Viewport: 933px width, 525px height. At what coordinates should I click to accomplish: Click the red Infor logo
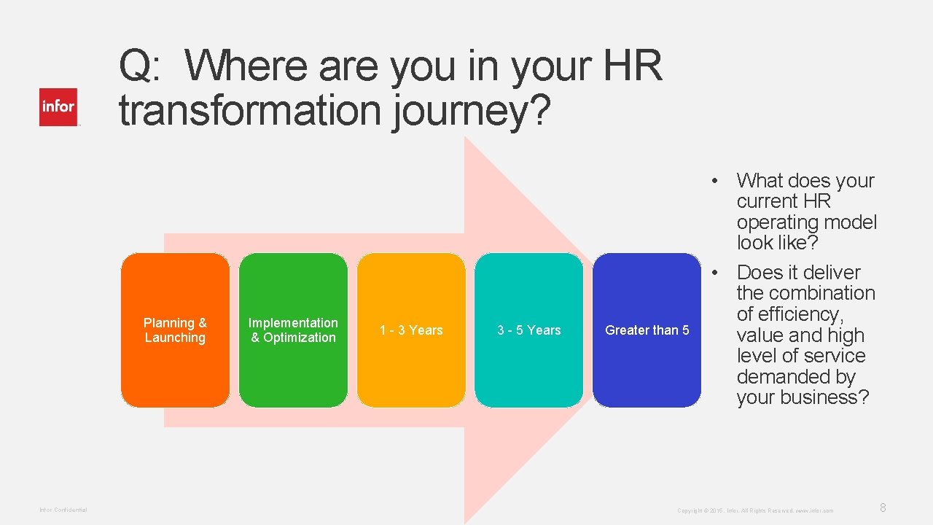pyautogui.click(x=58, y=107)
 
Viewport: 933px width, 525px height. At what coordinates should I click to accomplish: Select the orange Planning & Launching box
pyautogui.click(x=175, y=330)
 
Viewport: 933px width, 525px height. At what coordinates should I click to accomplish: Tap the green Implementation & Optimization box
pyautogui.click(x=293, y=330)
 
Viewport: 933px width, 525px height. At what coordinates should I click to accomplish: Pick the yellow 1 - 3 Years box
pyautogui.click(x=411, y=330)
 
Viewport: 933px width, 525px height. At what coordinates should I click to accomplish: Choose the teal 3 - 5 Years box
pyautogui.click(x=529, y=330)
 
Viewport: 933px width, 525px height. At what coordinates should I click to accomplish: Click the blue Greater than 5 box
pyautogui.click(x=647, y=330)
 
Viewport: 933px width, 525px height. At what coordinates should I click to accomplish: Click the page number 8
pyautogui.click(x=883, y=507)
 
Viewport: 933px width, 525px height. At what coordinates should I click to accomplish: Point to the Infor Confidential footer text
pyautogui.click(x=63, y=510)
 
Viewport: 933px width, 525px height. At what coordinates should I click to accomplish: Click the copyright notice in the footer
pyautogui.click(x=755, y=510)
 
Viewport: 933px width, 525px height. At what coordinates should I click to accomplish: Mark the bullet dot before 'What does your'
pyautogui.click(x=717, y=181)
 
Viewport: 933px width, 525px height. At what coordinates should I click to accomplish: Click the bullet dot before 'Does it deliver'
pyautogui.click(x=717, y=273)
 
